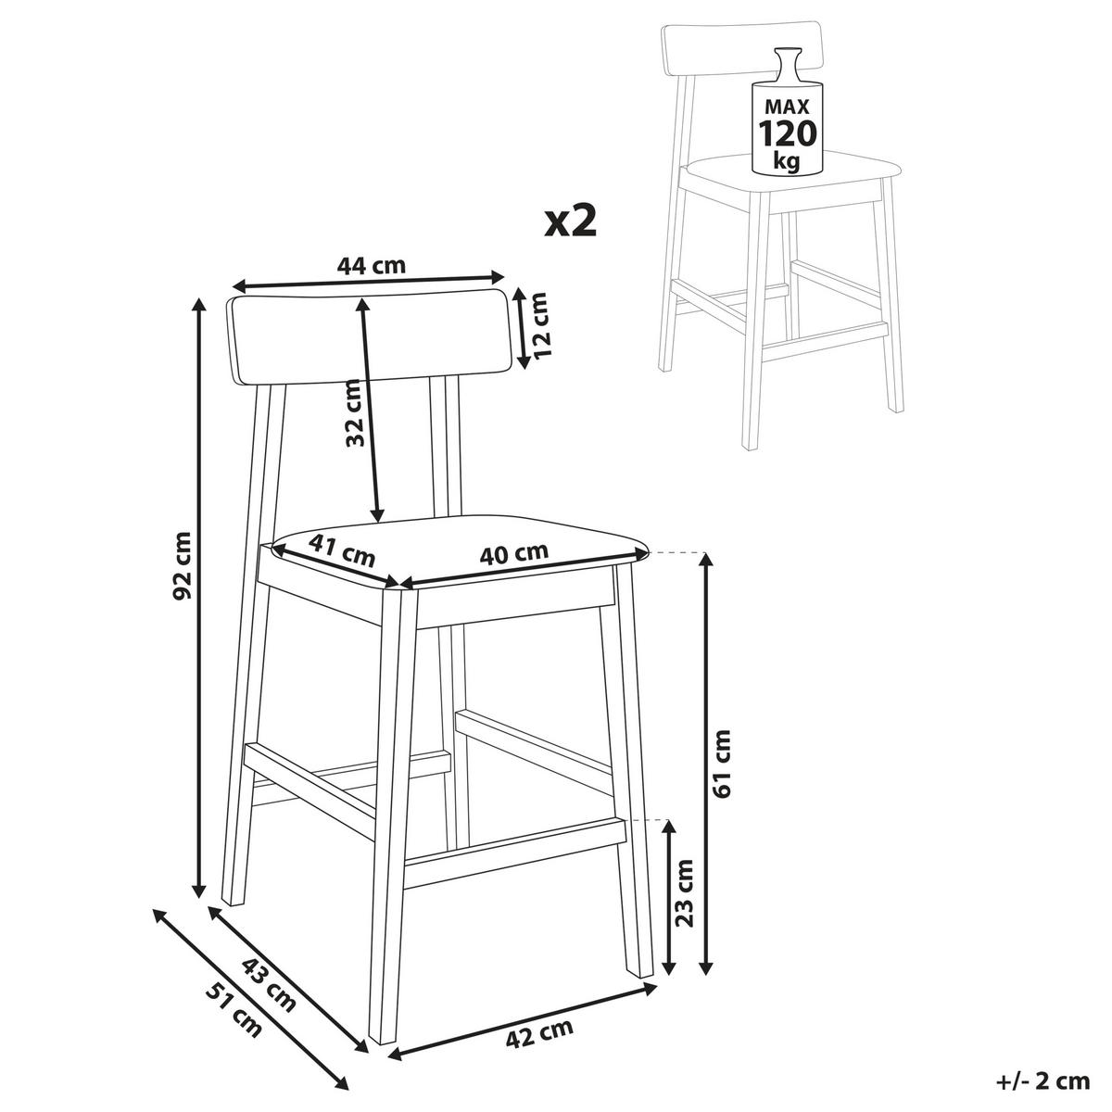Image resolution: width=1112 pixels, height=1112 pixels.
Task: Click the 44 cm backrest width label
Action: pyautogui.click(x=372, y=265)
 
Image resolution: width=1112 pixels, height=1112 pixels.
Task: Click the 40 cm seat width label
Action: pyautogui.click(x=513, y=553)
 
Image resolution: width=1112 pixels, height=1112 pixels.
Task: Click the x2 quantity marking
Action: pyautogui.click(x=570, y=222)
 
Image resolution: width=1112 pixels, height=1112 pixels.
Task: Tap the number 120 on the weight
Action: pyautogui.click(x=788, y=133)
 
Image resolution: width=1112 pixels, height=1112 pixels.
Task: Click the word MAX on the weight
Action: pyautogui.click(x=788, y=107)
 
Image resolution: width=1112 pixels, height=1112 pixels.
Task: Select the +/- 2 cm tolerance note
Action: pyautogui.click(x=1042, y=1080)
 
